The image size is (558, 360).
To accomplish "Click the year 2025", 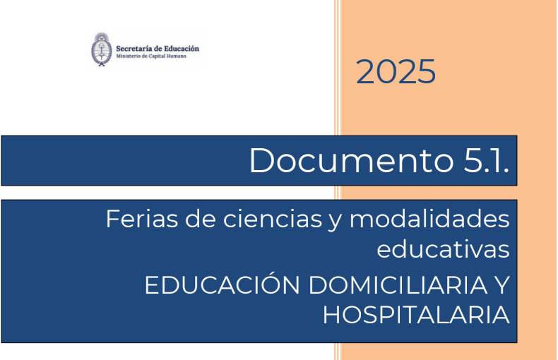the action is [396, 71].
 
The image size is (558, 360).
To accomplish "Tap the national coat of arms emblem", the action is [102, 49].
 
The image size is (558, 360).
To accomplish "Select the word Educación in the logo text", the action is [182, 49].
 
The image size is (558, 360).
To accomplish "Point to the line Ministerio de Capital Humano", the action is [151, 56].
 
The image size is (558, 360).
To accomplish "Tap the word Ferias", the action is [142, 219].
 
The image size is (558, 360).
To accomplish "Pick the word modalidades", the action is [429, 219].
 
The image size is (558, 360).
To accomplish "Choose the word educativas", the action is [443, 249].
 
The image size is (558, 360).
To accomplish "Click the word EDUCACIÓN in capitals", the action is [222, 284].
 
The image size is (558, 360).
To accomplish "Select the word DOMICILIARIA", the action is [398, 285].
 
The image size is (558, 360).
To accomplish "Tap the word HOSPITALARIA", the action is [416, 316].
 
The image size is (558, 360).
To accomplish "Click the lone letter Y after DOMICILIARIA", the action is [502, 285].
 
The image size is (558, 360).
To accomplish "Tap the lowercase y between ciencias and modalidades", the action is [336, 221].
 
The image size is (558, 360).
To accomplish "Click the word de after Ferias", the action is [201, 219].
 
